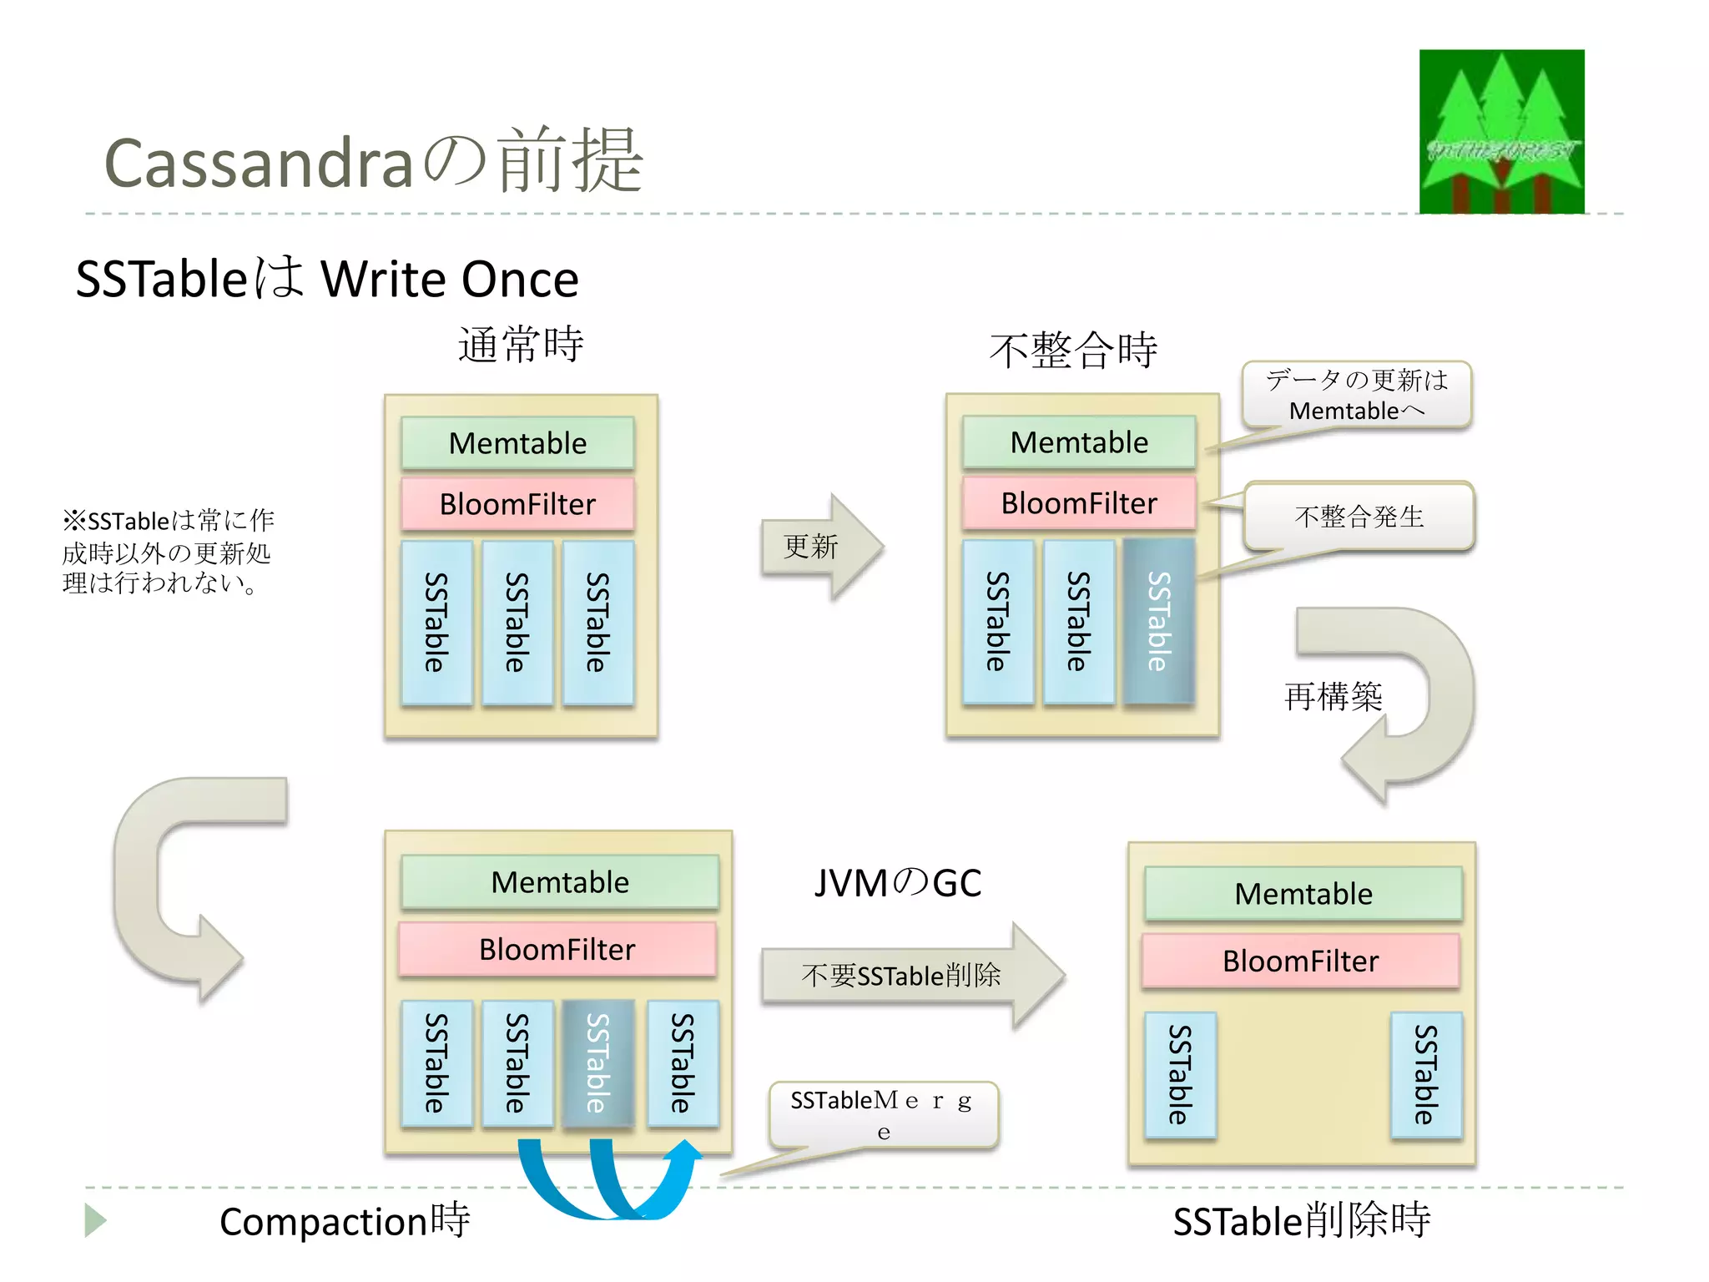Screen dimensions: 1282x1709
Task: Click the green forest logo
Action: tap(1501, 132)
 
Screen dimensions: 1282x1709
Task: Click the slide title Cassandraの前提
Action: tap(373, 162)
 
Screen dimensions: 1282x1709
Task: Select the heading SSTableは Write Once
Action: tap(327, 279)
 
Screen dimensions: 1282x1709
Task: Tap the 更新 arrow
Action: tap(821, 547)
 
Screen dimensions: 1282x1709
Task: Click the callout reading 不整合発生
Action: tap(1359, 517)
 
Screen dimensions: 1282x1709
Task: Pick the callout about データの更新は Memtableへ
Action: tap(1356, 395)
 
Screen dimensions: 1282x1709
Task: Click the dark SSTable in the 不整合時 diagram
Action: tap(1158, 622)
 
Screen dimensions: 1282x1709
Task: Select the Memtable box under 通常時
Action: tap(517, 443)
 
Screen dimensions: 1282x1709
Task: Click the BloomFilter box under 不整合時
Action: tap(1078, 503)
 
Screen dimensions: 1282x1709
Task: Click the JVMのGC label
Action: tap(898, 883)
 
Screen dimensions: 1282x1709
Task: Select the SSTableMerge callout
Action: tap(883, 1115)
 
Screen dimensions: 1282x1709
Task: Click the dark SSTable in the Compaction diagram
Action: tap(597, 1063)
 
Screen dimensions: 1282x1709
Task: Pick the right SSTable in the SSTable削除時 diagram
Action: tap(1425, 1075)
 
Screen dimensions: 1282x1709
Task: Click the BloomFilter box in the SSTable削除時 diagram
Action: tap(1300, 961)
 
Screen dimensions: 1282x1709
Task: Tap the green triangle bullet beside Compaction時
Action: tap(94, 1220)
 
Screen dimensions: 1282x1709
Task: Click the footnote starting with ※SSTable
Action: tap(167, 552)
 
